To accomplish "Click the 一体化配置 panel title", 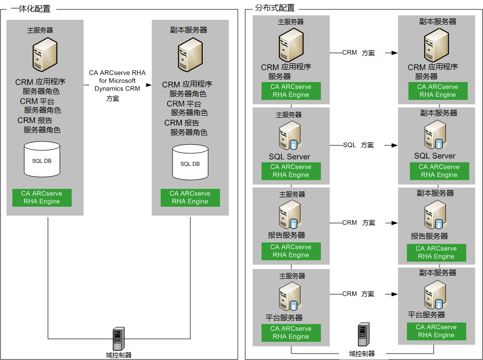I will (30, 8).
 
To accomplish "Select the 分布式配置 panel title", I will (274, 8).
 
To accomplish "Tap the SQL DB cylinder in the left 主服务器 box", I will (42, 159).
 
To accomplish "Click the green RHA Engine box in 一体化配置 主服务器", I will (42, 197).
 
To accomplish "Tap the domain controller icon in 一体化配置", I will (119, 338).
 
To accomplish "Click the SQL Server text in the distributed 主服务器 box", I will (290, 157).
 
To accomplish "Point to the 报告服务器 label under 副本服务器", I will (429, 236).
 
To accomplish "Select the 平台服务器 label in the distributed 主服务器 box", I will (285, 317).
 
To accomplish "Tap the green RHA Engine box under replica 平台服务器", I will (436, 331).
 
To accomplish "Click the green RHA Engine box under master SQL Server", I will (291, 171).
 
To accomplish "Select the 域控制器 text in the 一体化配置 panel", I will (119, 355).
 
